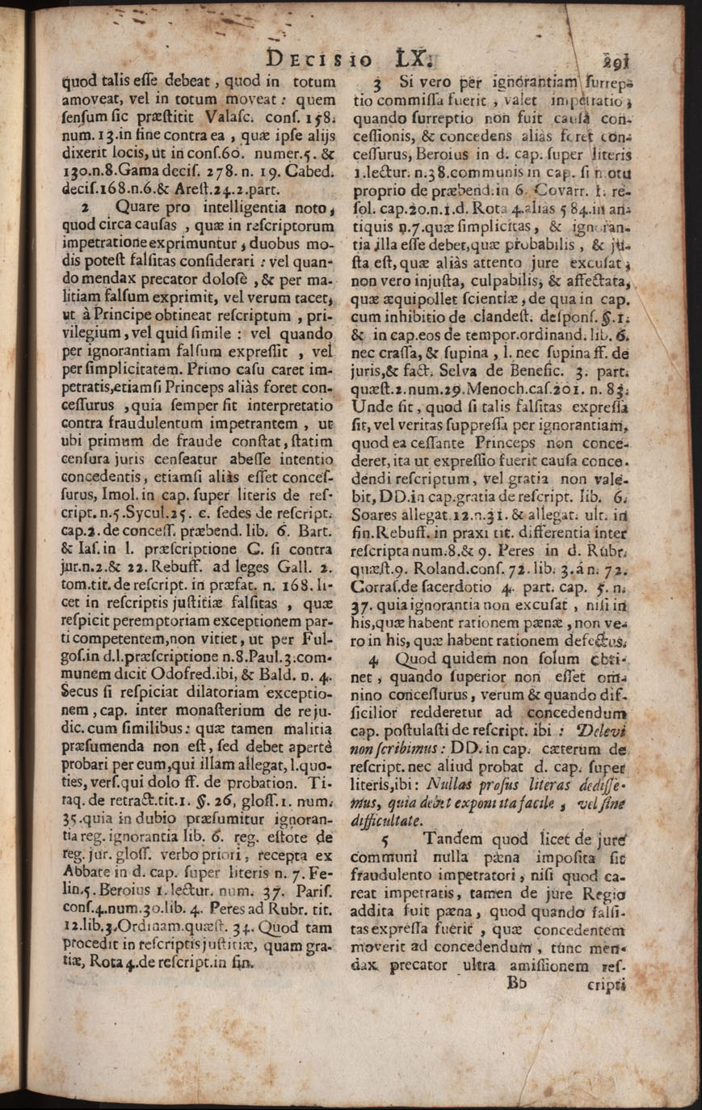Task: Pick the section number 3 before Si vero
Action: pyautogui.click(x=376, y=83)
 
